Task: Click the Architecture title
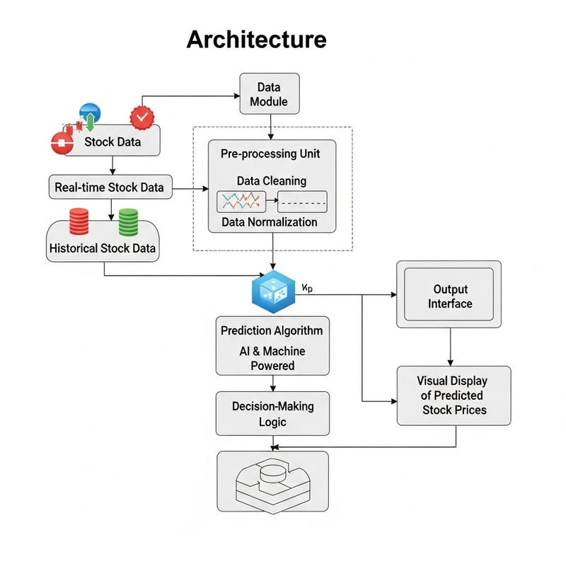pyautogui.click(x=256, y=39)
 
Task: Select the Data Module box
pyautogui.click(x=269, y=94)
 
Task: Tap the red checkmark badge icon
pyautogui.click(x=143, y=117)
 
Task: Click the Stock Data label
pyautogui.click(x=112, y=141)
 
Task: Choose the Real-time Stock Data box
pyautogui.click(x=109, y=187)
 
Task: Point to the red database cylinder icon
pyautogui.click(x=79, y=222)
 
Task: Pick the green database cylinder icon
pyautogui.click(x=127, y=222)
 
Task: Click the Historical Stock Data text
pyautogui.click(x=103, y=249)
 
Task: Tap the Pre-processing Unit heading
pyautogui.click(x=272, y=153)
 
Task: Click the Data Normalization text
pyautogui.click(x=270, y=222)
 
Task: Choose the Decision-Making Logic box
pyautogui.click(x=272, y=414)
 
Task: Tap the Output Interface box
pyautogui.click(x=449, y=296)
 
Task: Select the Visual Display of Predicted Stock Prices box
pyautogui.click(x=454, y=395)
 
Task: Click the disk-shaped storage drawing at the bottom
pyautogui.click(x=272, y=481)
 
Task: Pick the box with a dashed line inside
pyautogui.click(x=302, y=202)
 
